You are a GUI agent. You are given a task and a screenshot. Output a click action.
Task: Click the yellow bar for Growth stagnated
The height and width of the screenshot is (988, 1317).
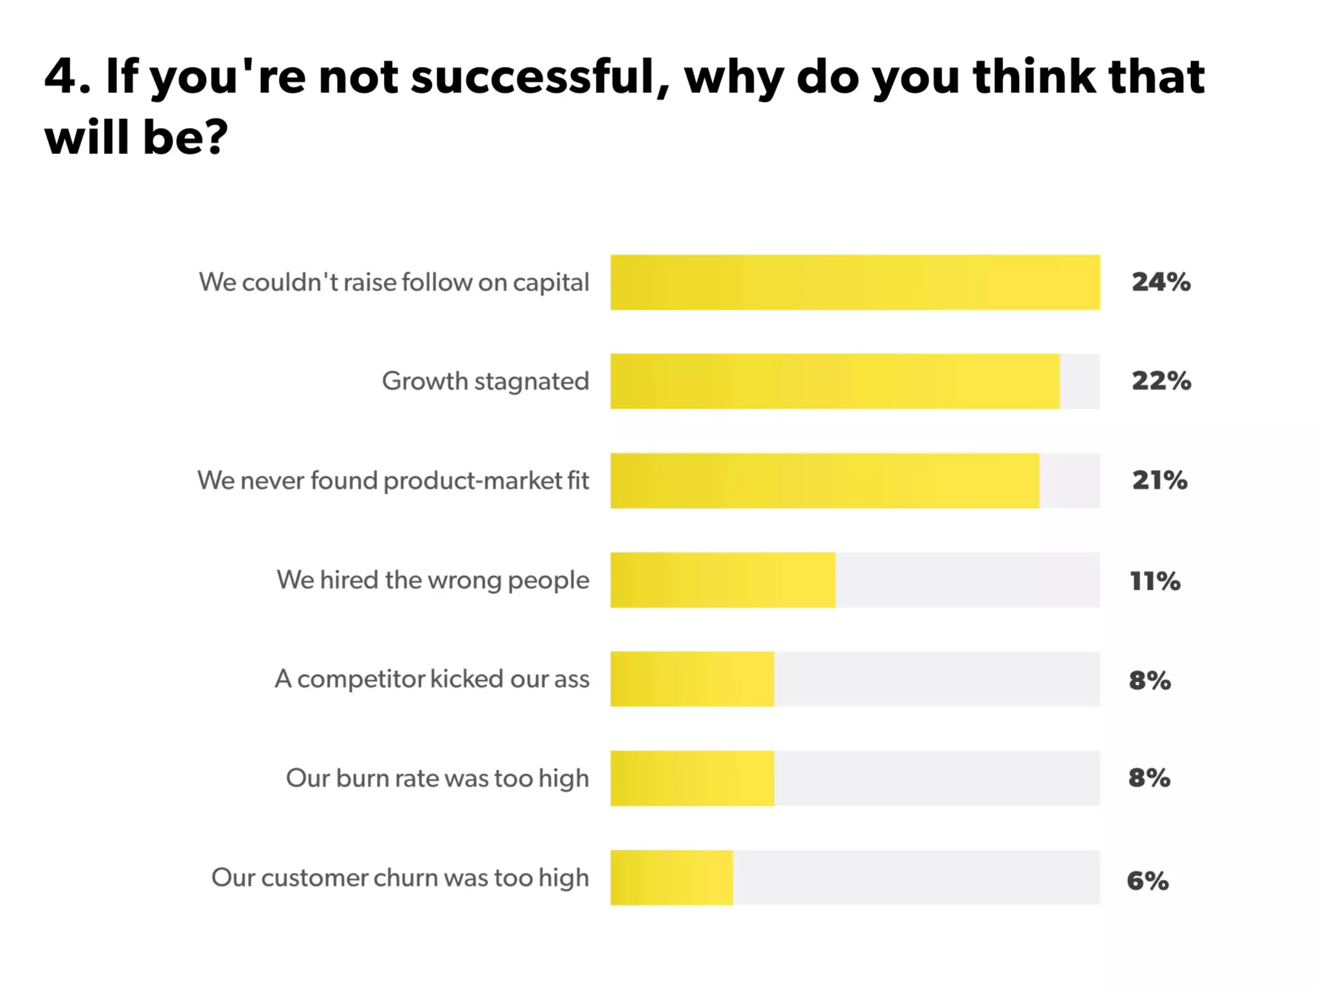(835, 381)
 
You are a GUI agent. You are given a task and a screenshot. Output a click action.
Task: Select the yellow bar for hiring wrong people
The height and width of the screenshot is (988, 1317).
(723, 580)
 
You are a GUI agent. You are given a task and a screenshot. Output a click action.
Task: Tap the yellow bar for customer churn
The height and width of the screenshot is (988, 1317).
(671, 877)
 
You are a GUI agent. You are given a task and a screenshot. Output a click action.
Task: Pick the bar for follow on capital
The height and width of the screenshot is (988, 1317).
(855, 282)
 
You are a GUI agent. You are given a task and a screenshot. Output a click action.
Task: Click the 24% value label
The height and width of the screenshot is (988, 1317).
(1161, 282)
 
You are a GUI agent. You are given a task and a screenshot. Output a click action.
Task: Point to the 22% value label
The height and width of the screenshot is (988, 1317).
(1161, 381)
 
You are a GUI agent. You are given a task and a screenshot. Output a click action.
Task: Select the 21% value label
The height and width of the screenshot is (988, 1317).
(1159, 480)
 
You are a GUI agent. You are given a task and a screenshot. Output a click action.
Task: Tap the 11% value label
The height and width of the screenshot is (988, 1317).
(1155, 581)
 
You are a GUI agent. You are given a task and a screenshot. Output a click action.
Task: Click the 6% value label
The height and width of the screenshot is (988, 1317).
(1147, 881)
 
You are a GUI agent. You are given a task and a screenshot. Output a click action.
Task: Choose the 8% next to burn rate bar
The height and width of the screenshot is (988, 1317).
(1149, 778)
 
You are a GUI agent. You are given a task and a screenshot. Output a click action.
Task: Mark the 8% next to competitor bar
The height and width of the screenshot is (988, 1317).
(1149, 680)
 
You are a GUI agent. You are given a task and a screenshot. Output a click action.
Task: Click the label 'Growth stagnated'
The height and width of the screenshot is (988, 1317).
(486, 381)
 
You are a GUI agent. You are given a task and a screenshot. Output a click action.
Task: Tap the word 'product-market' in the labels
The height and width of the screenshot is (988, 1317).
(473, 481)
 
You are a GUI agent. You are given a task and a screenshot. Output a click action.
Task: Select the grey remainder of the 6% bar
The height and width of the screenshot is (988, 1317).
(916, 877)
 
